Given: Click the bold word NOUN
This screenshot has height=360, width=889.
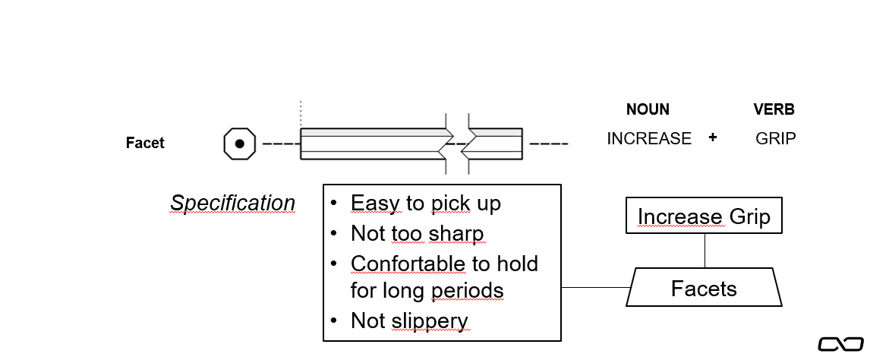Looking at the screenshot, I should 648,109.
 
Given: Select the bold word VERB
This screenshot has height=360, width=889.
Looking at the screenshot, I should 774,109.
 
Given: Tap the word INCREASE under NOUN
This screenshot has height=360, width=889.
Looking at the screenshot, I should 649,139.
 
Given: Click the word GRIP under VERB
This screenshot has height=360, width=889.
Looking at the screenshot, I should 776,139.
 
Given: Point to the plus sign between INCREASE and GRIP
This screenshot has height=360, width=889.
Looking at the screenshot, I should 712,138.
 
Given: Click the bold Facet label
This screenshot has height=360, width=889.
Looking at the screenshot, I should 145,143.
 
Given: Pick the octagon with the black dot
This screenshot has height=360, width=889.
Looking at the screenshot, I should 239,144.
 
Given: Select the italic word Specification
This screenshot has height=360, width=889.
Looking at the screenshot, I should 232,204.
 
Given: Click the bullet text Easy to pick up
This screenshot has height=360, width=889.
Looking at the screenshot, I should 425,204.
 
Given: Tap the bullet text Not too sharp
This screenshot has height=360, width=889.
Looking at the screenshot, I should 417,233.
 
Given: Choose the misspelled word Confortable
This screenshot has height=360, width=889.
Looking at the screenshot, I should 408,264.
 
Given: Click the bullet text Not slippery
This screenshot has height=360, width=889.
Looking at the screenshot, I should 409,321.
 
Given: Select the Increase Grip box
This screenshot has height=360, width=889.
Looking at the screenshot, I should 704,216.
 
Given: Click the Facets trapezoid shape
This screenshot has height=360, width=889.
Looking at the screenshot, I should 704,288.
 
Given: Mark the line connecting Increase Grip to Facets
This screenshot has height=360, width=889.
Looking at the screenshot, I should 705,251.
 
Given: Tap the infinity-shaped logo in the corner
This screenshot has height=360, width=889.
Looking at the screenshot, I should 840,344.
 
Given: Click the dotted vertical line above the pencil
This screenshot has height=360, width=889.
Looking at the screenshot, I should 301,114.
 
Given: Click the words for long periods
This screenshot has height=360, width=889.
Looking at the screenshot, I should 427,291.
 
